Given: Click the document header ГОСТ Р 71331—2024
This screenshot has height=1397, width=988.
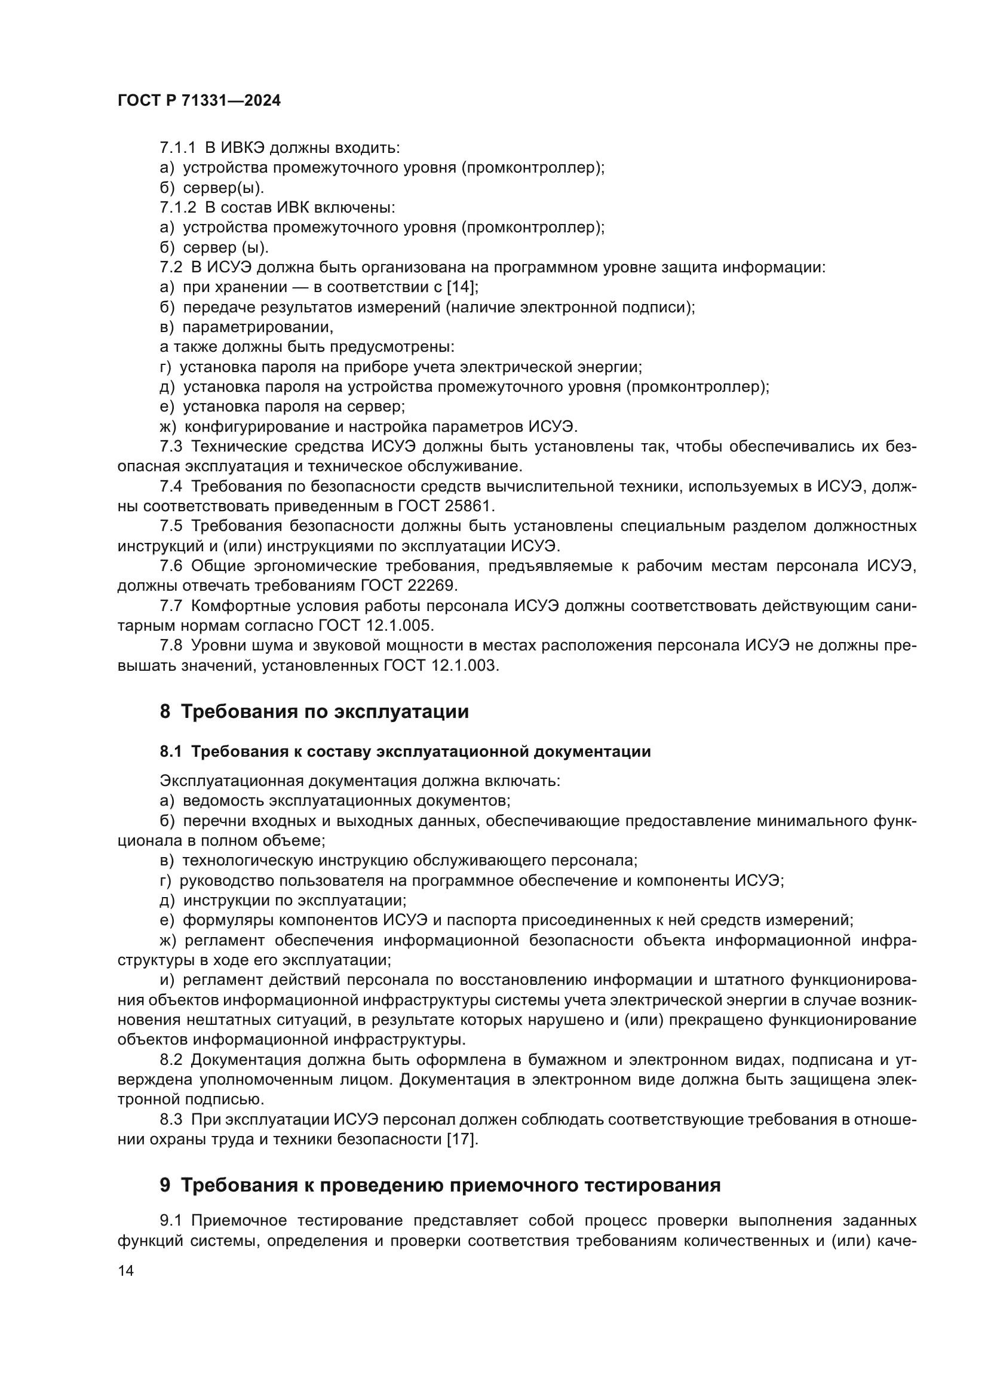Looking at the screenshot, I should click(199, 101).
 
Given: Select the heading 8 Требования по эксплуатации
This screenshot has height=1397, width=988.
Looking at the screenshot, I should click(314, 711).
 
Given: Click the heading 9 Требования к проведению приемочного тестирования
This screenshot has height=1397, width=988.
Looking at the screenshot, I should click(440, 1185).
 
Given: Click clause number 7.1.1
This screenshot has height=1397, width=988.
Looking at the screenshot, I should click(177, 148).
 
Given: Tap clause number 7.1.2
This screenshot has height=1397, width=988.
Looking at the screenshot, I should click(177, 207).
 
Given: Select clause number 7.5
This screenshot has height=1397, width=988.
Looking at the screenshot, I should click(171, 526).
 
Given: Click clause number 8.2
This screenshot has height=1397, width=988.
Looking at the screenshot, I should click(171, 1060).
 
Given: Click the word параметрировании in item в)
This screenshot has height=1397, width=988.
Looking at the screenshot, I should click(258, 327).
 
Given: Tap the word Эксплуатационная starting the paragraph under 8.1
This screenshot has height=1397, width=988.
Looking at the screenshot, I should click(231, 781).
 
